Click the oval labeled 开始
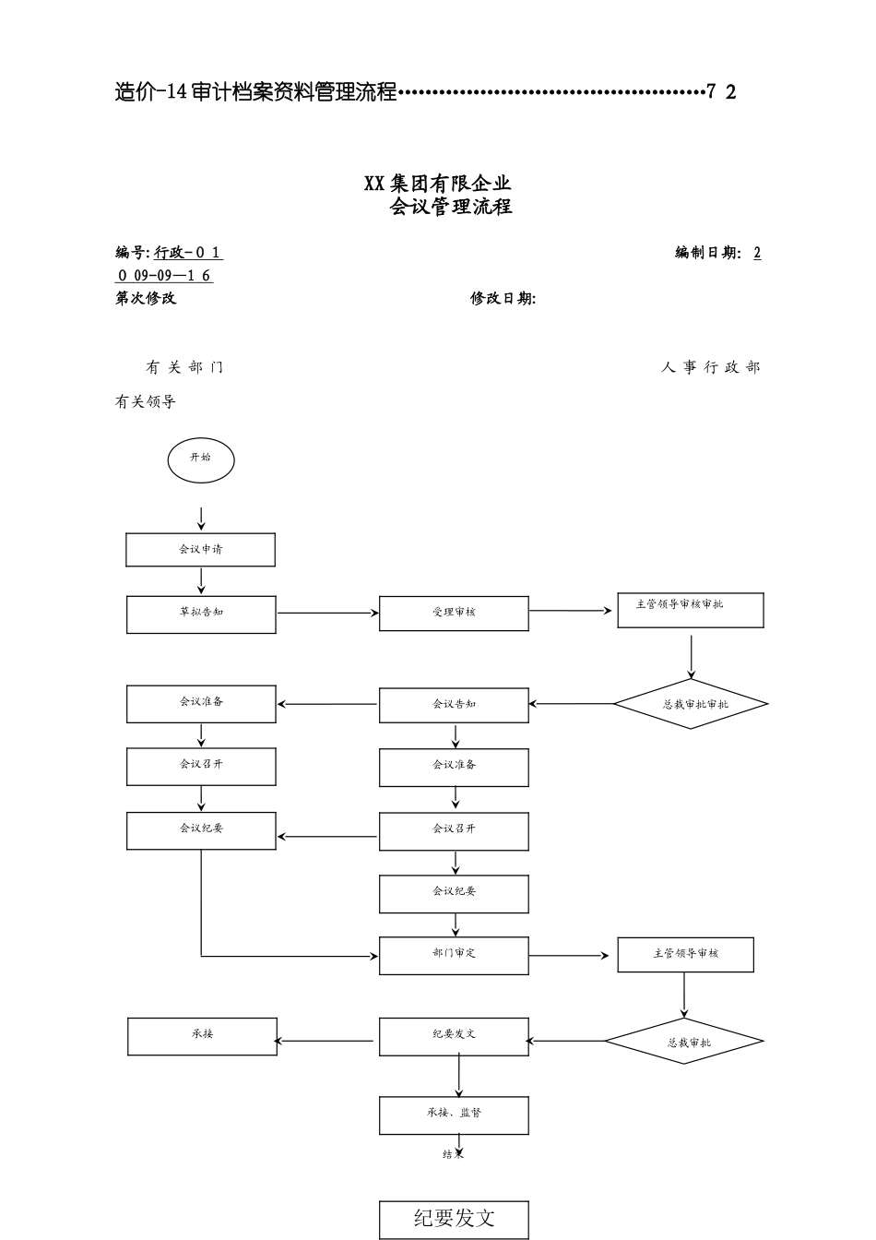[x=200, y=459]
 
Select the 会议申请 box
[x=200, y=550]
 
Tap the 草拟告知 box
[x=201, y=614]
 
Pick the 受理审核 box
[x=454, y=614]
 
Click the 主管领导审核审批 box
[x=690, y=610]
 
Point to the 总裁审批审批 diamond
[x=691, y=704]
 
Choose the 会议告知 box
[x=454, y=705]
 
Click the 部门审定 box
[x=454, y=955]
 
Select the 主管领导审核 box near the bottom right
[x=685, y=954]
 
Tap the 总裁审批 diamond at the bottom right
[x=684, y=1042]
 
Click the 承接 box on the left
[x=202, y=1036]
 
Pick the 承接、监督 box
[x=454, y=1115]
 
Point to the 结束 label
[x=453, y=1154]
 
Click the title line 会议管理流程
[x=451, y=207]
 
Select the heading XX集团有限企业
[x=438, y=183]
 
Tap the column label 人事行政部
[x=711, y=367]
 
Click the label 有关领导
[x=145, y=401]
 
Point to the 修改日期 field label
[x=503, y=298]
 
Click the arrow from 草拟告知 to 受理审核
[x=327, y=613]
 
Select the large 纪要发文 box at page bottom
[x=454, y=1219]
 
